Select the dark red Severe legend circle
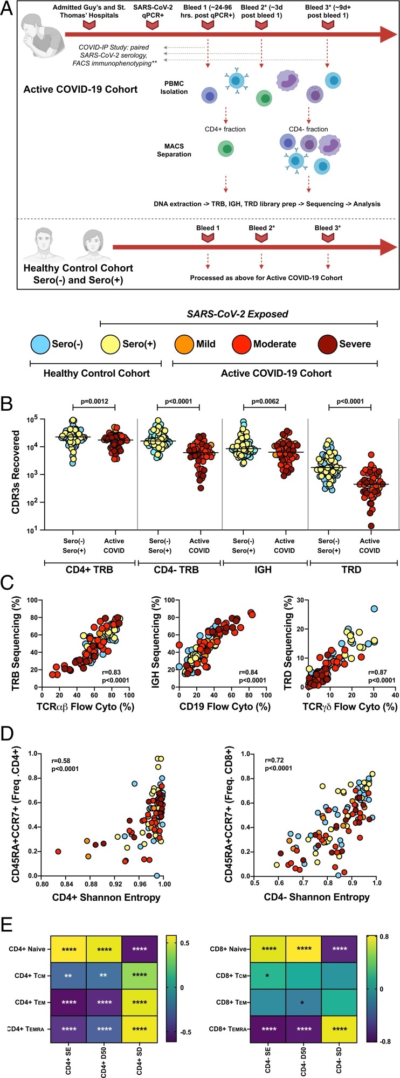click(x=327, y=344)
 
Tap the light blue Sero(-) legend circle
click(x=40, y=344)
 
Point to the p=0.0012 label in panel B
click(x=94, y=402)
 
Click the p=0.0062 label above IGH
click(x=264, y=402)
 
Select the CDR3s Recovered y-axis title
click(x=17, y=472)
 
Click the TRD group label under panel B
click(x=351, y=569)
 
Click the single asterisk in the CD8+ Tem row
click(x=302, y=1003)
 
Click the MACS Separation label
click(x=174, y=150)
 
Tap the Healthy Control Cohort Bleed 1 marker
click(x=208, y=237)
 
